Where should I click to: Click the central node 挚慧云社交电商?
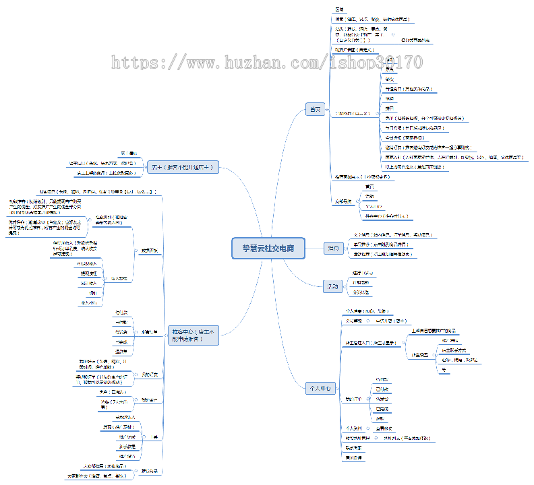coord(268,248)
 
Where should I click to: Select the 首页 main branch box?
coord(315,110)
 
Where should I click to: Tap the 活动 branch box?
coord(332,287)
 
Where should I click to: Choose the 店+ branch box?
coord(183,168)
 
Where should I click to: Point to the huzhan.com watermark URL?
coord(267,63)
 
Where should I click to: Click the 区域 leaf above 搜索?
coord(340,9)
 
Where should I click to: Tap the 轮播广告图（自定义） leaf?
coord(354,50)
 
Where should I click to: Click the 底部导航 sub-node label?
coord(343,201)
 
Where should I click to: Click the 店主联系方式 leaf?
coord(453,350)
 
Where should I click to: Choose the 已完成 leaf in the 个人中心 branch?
coord(382,408)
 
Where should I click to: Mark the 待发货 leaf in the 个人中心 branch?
coord(382,399)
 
